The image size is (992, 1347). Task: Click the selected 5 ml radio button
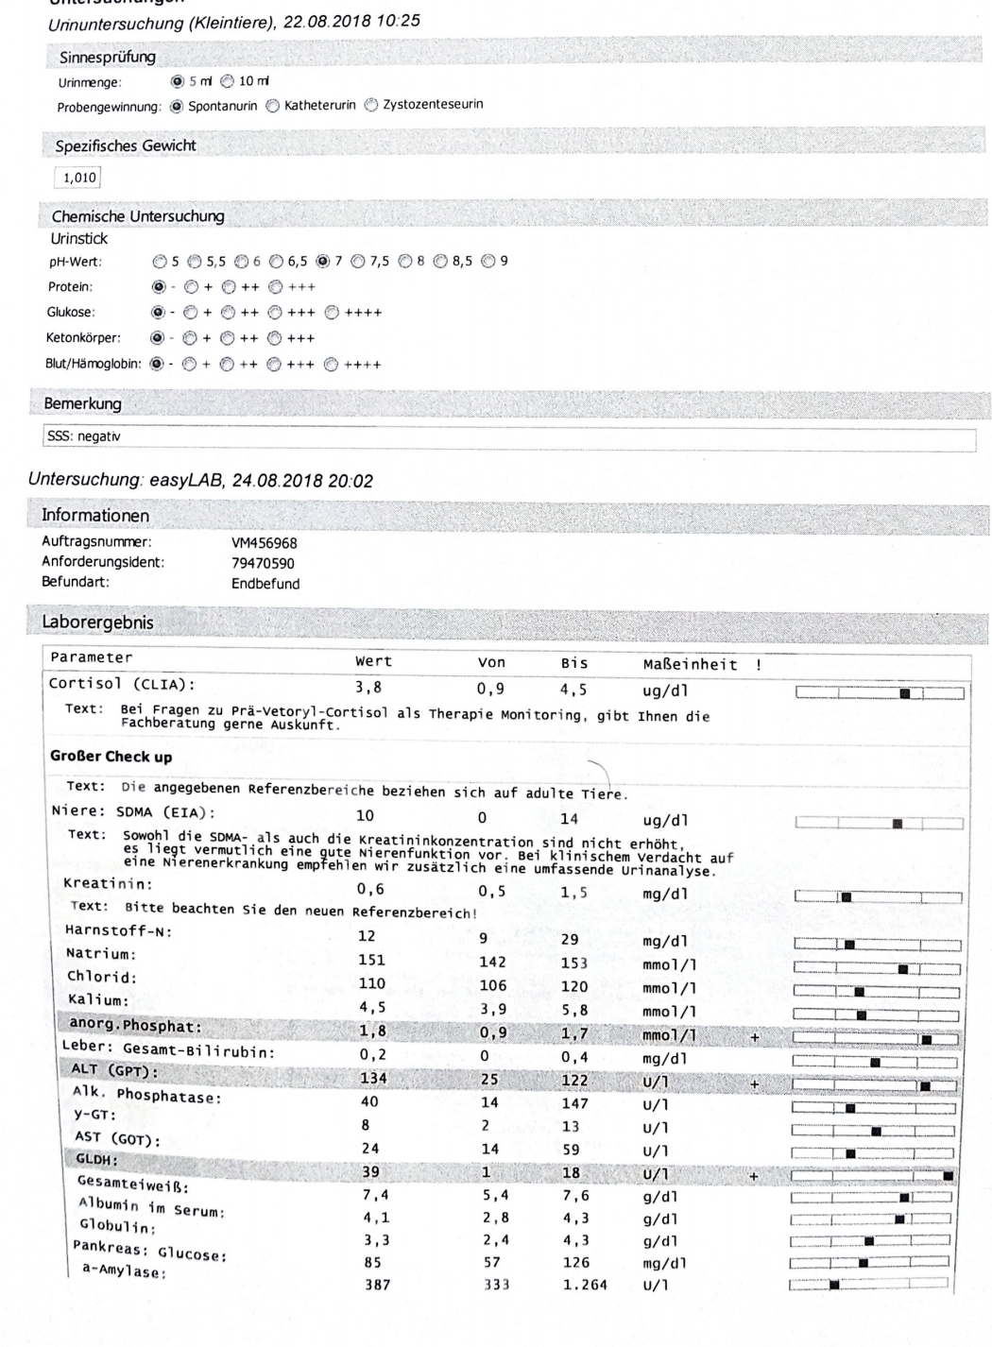[177, 81]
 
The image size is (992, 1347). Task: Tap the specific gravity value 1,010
[78, 178]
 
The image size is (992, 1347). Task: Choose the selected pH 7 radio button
[323, 261]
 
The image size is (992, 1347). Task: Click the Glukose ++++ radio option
[332, 313]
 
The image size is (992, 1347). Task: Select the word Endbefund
[265, 584]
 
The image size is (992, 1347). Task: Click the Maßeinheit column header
[689, 664]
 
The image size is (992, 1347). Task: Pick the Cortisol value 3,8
[368, 688]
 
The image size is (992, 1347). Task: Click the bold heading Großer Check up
[111, 757]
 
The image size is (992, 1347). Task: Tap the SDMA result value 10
[365, 816]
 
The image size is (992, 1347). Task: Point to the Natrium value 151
[372, 960]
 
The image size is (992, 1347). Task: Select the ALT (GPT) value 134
[373, 1079]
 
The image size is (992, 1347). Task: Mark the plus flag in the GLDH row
[753, 1176]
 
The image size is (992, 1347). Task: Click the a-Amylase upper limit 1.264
[585, 1285]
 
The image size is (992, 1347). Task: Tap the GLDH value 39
[370, 1172]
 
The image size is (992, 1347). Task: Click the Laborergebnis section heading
[97, 622]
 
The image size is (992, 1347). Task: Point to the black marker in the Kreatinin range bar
[846, 897]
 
